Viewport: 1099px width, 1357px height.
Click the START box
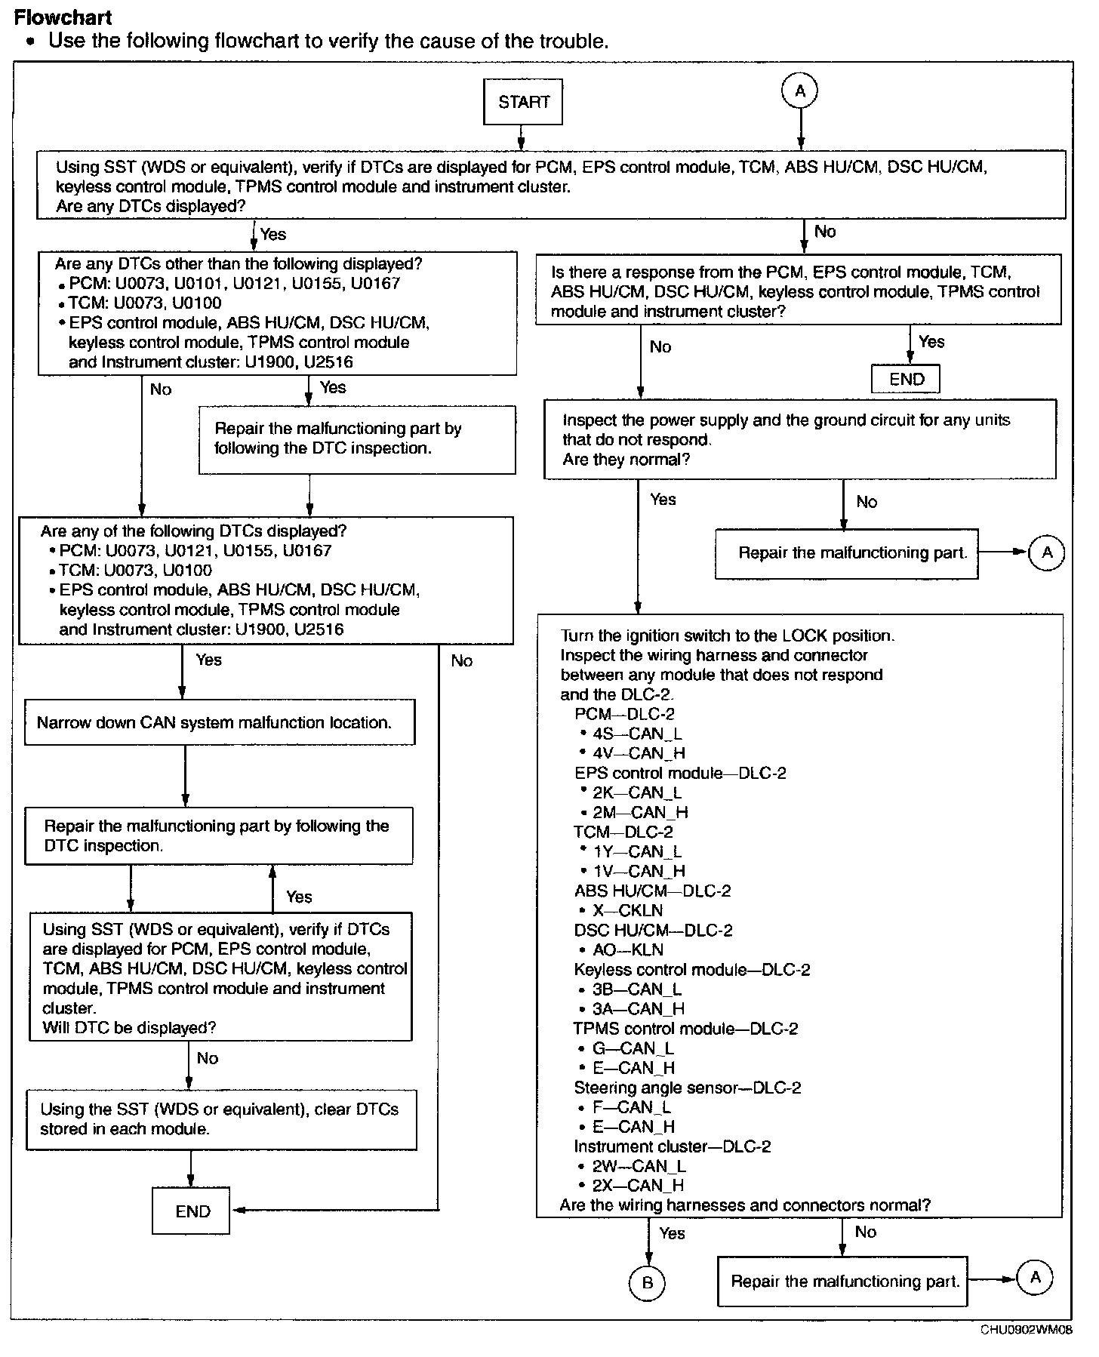[x=523, y=103]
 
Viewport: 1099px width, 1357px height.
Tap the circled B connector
[x=647, y=1282]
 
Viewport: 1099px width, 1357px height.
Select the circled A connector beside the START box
[x=800, y=91]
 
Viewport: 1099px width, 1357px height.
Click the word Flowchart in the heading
[x=63, y=17]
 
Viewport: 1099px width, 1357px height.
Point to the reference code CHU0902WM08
[x=1026, y=1330]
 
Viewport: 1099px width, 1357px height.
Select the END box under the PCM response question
[x=906, y=379]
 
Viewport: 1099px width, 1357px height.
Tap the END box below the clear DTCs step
[x=191, y=1211]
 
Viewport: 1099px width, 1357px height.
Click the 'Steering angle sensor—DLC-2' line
[x=687, y=1088]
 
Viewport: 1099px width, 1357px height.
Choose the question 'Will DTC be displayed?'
[x=129, y=1028]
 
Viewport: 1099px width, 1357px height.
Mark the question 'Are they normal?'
[x=626, y=460]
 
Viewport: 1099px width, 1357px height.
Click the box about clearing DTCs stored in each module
[x=221, y=1119]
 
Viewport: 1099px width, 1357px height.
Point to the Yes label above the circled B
[x=672, y=1233]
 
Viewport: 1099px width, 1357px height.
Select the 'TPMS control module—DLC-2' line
[x=685, y=1029]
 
